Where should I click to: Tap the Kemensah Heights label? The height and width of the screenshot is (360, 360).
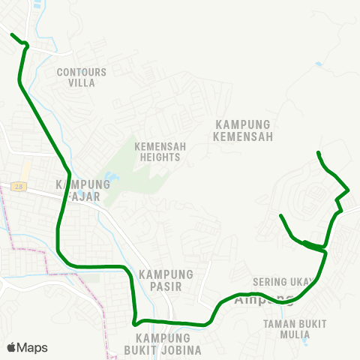[157, 152]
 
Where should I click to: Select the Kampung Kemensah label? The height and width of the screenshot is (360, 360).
[242, 130]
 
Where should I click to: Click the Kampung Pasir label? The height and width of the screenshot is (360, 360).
[166, 280]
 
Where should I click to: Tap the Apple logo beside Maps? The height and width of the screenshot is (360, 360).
[11, 347]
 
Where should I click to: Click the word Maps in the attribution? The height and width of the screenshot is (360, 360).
[32, 347]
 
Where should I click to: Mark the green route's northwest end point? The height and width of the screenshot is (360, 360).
[12, 34]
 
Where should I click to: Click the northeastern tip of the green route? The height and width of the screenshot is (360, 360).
[319, 153]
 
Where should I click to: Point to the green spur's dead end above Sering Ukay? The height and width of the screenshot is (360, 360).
[280, 216]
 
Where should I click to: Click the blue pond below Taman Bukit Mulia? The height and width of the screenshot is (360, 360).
[304, 341]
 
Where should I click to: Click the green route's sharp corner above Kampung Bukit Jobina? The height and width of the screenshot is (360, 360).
[134, 323]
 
